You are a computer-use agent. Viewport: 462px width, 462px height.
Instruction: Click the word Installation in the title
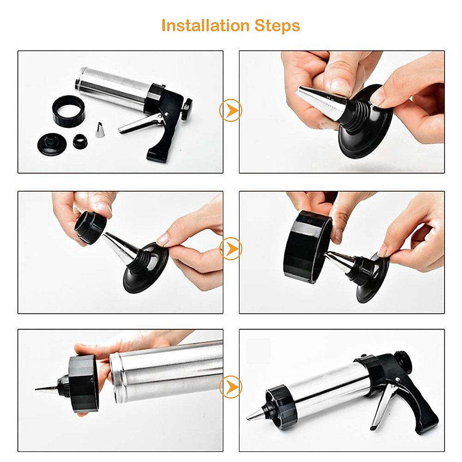[206, 25]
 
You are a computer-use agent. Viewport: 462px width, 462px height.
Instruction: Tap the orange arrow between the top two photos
[231, 111]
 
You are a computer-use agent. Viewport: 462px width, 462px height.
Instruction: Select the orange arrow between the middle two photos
[231, 249]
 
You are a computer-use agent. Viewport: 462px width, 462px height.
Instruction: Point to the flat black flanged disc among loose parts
[52, 142]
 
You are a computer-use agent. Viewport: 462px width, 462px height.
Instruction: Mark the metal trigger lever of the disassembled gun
[137, 123]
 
